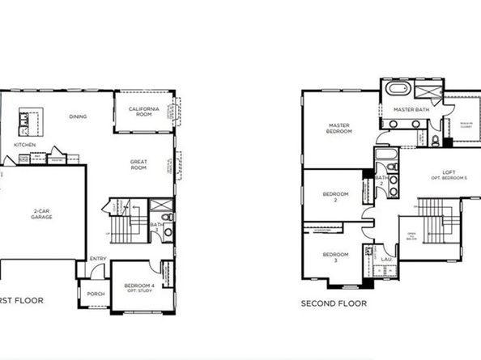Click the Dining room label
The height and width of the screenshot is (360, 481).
point(78,116)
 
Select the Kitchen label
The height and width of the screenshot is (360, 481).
point(25,145)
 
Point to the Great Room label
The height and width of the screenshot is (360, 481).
point(138,164)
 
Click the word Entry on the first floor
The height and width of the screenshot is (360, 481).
point(98,259)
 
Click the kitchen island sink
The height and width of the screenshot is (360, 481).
point(25,121)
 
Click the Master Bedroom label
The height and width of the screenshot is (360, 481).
point(339,129)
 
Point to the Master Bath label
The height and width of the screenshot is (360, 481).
point(410,109)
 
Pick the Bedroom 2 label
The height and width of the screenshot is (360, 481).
point(335,197)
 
